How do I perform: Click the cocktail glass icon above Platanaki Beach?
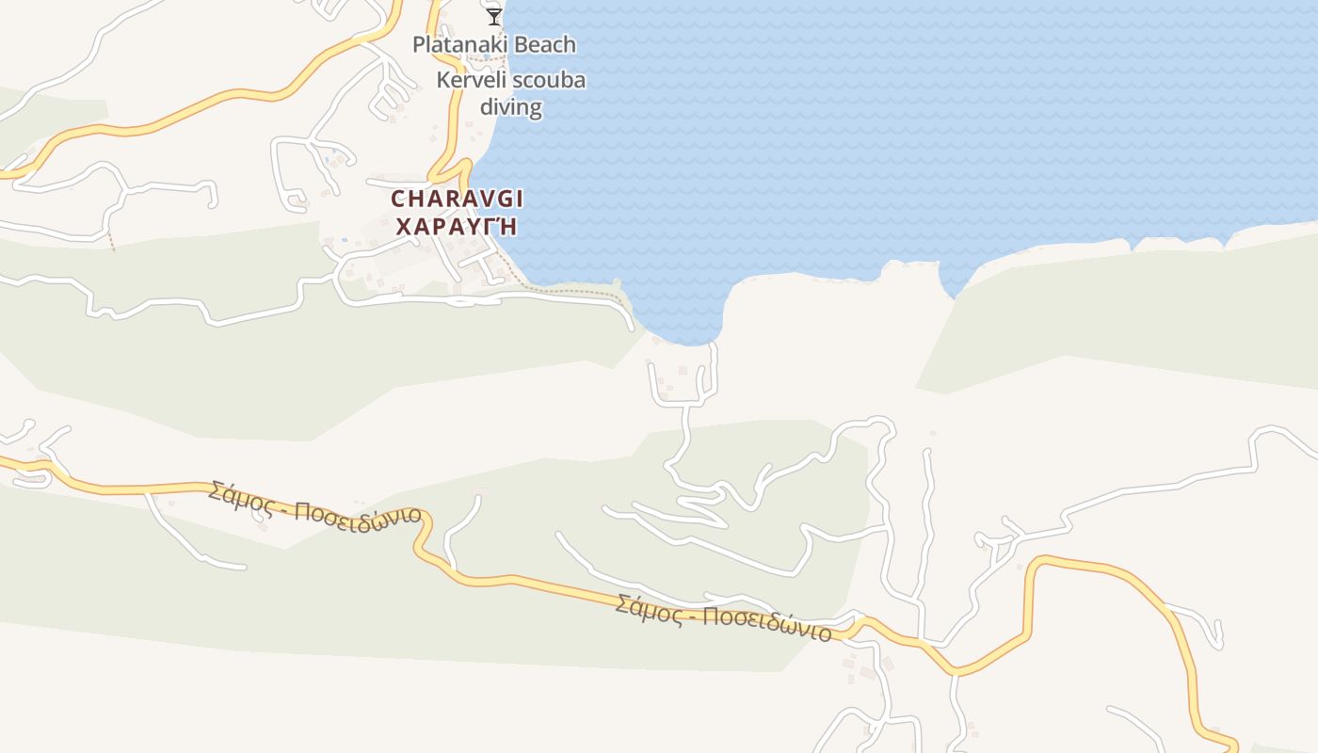(x=493, y=16)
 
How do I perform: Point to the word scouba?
(x=552, y=80)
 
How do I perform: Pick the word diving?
(x=511, y=106)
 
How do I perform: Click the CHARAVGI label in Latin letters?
(x=458, y=199)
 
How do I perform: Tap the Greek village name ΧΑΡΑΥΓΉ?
(x=458, y=227)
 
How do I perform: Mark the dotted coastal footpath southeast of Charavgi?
(x=574, y=291)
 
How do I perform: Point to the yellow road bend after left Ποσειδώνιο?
(x=424, y=537)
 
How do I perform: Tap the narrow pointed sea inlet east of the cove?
(x=953, y=282)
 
